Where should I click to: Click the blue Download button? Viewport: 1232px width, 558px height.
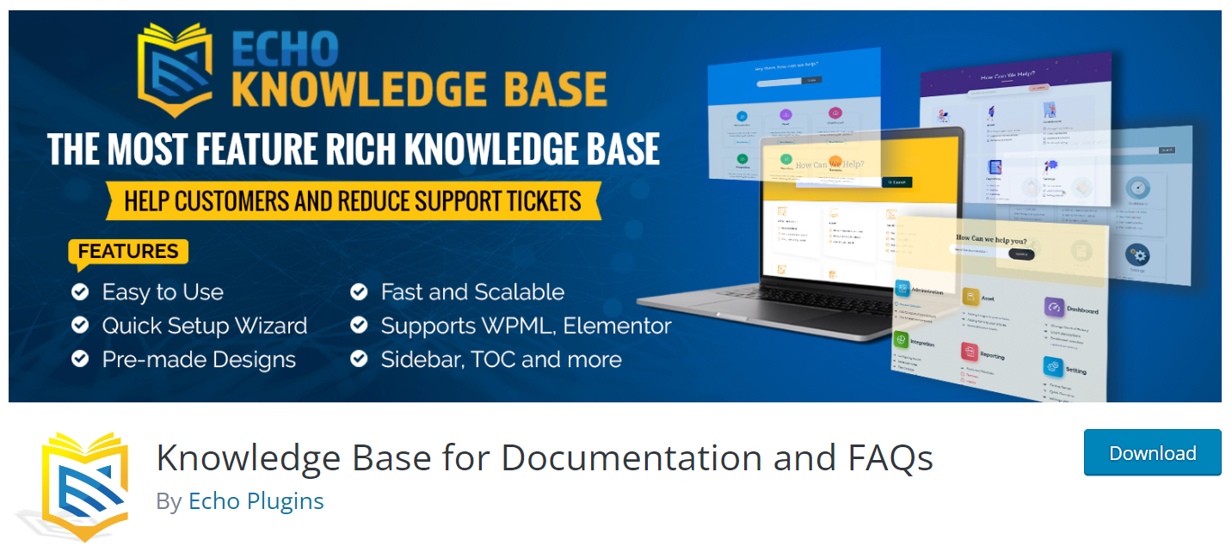coord(1152,453)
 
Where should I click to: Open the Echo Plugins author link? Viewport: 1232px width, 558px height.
coord(256,501)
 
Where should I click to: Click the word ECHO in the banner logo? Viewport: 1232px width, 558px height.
coord(284,51)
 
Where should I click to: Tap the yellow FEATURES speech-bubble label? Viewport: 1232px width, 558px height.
coord(128,252)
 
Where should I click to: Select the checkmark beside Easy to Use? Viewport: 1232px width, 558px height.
coord(80,292)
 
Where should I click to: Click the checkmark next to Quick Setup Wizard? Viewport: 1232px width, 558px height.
coord(80,326)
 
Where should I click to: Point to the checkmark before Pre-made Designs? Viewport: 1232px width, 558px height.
coord(80,359)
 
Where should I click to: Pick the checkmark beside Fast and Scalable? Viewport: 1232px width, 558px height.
coord(359,292)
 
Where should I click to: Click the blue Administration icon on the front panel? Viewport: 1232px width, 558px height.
coord(902,288)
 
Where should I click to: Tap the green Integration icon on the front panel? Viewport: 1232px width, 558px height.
coord(901,340)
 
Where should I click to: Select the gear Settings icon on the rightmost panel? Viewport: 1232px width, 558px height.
coord(1138,255)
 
